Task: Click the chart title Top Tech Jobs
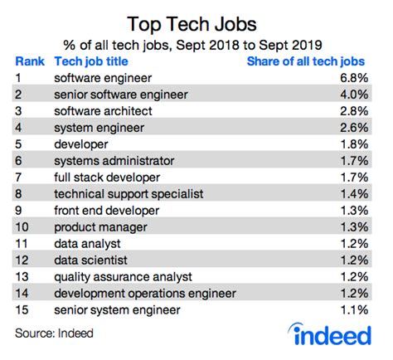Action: [196, 18]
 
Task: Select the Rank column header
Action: [30, 61]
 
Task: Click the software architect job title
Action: [101, 111]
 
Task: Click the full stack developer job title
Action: [103, 177]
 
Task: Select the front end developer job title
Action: [103, 210]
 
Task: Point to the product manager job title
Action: [95, 226]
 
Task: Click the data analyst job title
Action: [87, 243]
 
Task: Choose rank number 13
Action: [22, 276]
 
